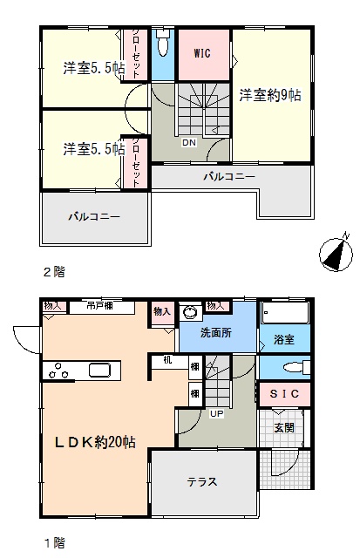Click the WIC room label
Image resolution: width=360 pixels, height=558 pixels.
tap(202, 53)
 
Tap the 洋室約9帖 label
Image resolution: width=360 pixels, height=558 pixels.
tap(270, 95)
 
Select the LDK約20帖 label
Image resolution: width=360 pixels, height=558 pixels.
tap(95, 442)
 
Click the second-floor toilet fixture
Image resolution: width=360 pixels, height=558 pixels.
tap(163, 42)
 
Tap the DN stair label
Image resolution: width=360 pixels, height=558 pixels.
tap(189, 143)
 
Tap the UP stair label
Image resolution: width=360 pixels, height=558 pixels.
tap(216, 414)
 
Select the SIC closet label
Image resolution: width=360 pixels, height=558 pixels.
tap(284, 393)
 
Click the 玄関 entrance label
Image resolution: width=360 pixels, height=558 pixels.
tap(284, 427)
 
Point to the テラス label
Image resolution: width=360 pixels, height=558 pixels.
tap(201, 482)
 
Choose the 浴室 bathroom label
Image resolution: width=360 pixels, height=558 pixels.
tap(284, 339)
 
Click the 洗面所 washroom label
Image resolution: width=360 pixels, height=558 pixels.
tap(216, 333)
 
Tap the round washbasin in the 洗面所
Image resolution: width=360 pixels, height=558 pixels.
tap(190, 312)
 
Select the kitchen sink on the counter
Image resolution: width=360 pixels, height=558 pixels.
tap(100, 370)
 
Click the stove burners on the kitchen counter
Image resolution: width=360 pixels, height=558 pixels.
tap(58, 371)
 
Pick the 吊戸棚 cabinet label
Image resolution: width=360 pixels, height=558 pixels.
tap(100, 306)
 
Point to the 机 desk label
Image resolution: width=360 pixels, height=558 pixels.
tap(167, 360)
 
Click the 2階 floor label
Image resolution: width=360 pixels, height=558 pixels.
tap(54, 272)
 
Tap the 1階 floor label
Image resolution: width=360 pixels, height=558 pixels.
tap(54, 543)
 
